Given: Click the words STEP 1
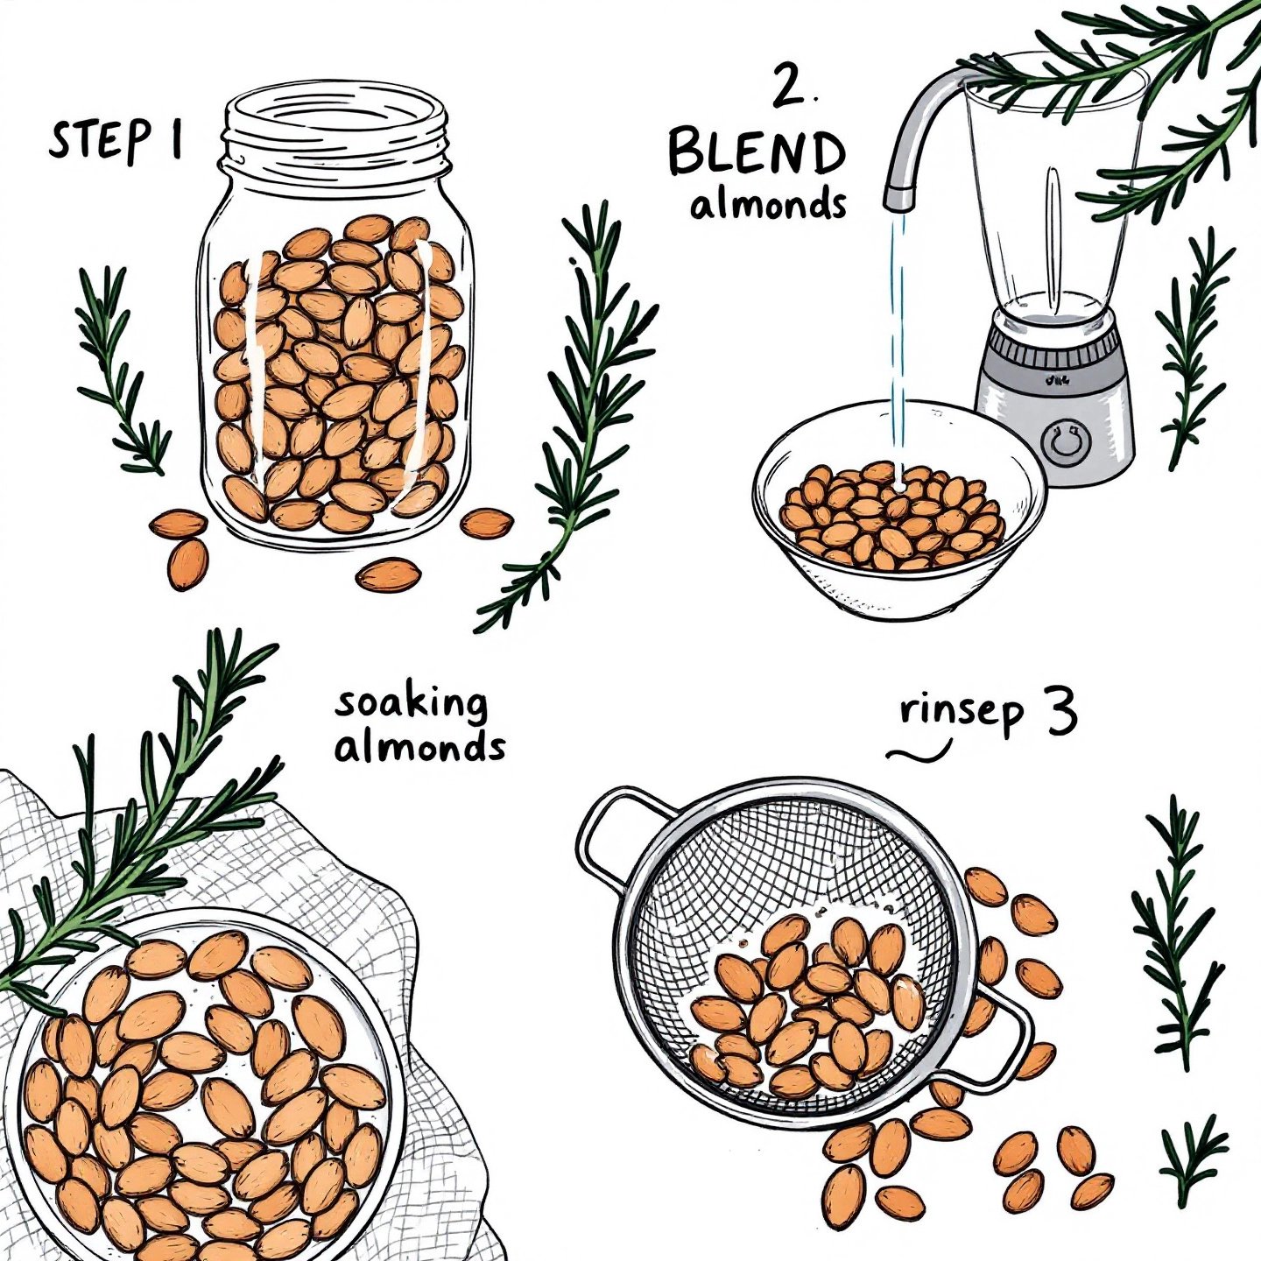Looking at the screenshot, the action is point(116,139).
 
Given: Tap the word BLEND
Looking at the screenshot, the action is point(757,152).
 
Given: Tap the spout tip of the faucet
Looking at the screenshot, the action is point(900,200).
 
